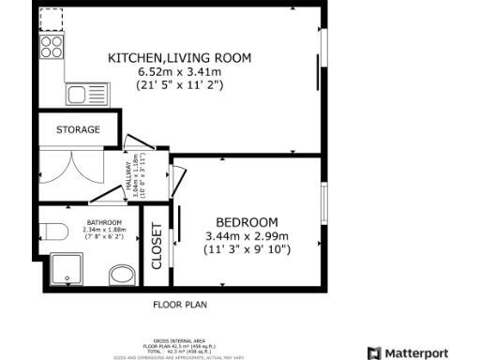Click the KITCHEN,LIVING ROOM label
click(x=180, y=58)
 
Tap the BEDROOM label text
click(x=247, y=221)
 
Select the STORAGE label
click(x=78, y=129)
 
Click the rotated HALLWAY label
click(x=128, y=175)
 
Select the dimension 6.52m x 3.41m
click(x=180, y=71)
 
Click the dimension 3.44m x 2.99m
click(x=247, y=236)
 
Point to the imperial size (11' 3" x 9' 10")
click(x=247, y=249)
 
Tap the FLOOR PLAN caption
click(x=180, y=305)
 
